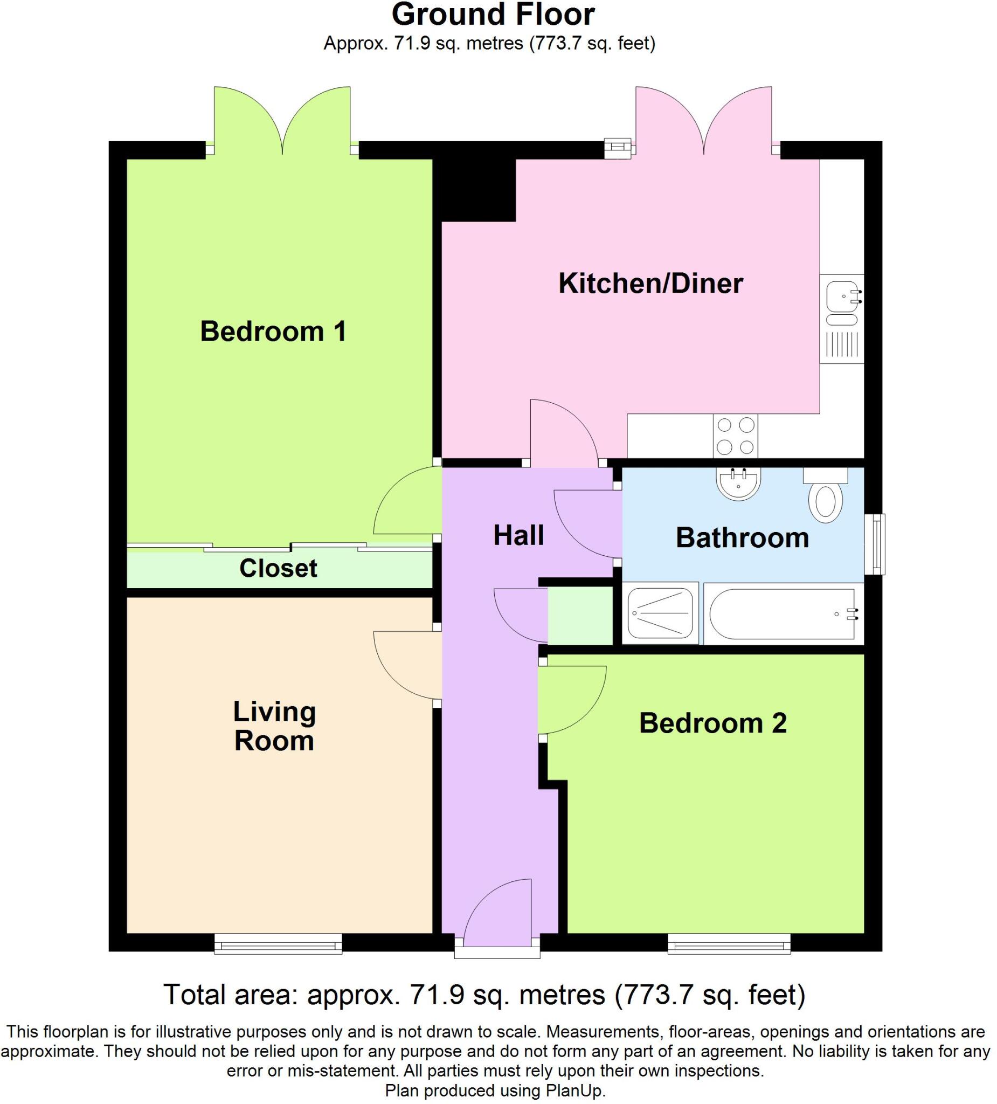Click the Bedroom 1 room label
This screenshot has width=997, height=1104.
pos(273,332)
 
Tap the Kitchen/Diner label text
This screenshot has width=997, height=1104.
pos(650,284)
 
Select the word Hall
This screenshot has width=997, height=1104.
pos(518,536)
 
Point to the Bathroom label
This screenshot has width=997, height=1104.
pos(742,538)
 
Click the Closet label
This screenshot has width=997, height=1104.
pos(278,568)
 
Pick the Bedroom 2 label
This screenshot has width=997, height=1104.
pos(712,723)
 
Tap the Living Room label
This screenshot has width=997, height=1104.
pos(274,726)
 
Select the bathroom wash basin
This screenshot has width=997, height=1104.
pos(738,484)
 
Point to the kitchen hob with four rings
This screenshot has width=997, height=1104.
pos(735,437)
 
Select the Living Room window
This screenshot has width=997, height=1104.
pos(278,943)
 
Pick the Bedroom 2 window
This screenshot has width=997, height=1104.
pos(729,943)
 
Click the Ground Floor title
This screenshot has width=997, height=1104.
pos(493,15)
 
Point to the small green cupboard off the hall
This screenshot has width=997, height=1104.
pos(580,616)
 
